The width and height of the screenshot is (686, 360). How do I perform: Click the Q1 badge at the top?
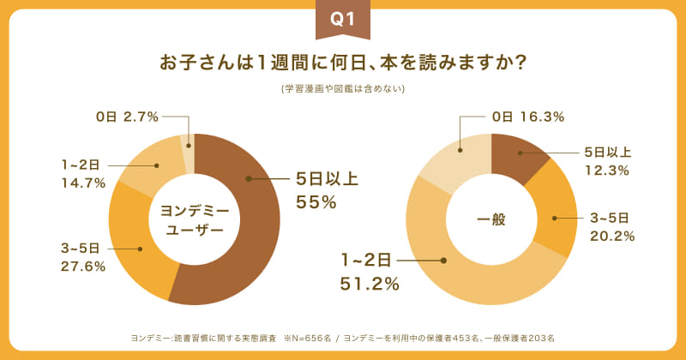tap(342, 21)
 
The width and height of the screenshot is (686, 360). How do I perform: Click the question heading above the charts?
tap(342, 64)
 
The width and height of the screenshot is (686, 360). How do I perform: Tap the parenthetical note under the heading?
tap(342, 88)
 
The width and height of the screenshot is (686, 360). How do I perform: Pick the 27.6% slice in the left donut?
tap(137, 249)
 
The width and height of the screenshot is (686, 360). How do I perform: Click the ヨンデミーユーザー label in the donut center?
tap(194, 219)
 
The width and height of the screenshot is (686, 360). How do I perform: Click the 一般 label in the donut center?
tap(491, 219)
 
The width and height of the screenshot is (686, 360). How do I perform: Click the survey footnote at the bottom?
tap(342, 337)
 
